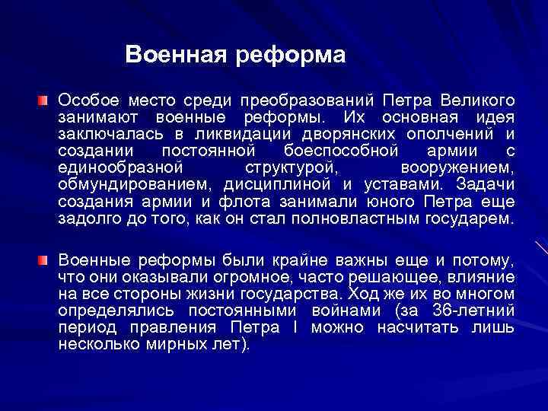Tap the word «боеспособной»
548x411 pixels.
tap(329, 151)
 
